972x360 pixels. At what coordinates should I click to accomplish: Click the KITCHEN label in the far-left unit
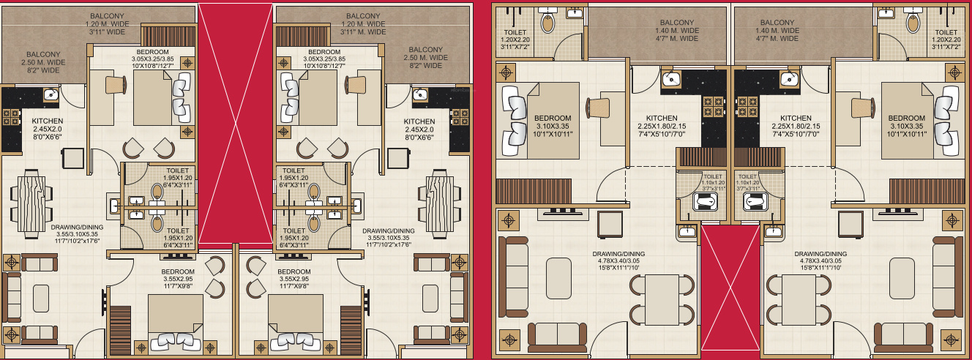pos(48,129)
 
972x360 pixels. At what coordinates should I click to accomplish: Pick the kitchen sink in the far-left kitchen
pos(51,94)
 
